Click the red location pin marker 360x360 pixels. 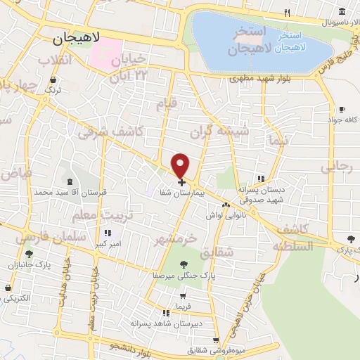pos(181,165)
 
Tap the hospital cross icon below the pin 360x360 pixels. pos(182,182)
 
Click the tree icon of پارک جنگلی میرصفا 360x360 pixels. pos(184,264)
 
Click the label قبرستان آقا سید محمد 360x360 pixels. pos(64,191)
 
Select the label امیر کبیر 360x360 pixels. pos(107,245)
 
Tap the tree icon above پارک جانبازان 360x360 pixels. pos(29,255)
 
